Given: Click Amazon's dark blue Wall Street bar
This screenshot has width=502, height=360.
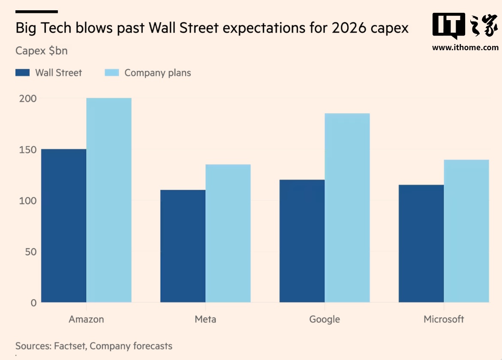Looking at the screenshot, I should click(64, 226).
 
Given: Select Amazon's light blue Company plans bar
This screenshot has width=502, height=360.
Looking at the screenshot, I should click(109, 200).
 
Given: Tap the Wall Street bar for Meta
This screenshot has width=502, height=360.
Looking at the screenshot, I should click(183, 246).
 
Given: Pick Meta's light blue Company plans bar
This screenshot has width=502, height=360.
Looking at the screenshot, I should click(228, 234).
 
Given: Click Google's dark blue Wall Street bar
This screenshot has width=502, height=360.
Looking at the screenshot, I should click(302, 241).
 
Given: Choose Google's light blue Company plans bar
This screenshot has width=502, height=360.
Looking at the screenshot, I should click(347, 208).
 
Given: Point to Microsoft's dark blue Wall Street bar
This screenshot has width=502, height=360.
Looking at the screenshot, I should click(421, 243).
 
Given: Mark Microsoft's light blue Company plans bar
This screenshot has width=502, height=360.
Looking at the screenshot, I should click(466, 231).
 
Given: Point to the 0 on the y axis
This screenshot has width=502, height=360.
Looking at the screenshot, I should click(33, 303).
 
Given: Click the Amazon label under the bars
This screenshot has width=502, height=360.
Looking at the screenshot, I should click(86, 320).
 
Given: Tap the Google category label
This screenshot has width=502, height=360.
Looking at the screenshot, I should click(325, 320).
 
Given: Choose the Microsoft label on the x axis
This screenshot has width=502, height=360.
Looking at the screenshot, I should click(444, 320).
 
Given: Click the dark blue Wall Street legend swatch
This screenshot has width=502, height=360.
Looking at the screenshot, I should click(22, 72).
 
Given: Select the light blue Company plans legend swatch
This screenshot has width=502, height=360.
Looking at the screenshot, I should click(112, 72).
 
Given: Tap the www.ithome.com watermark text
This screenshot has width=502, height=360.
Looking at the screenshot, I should click(465, 48).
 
